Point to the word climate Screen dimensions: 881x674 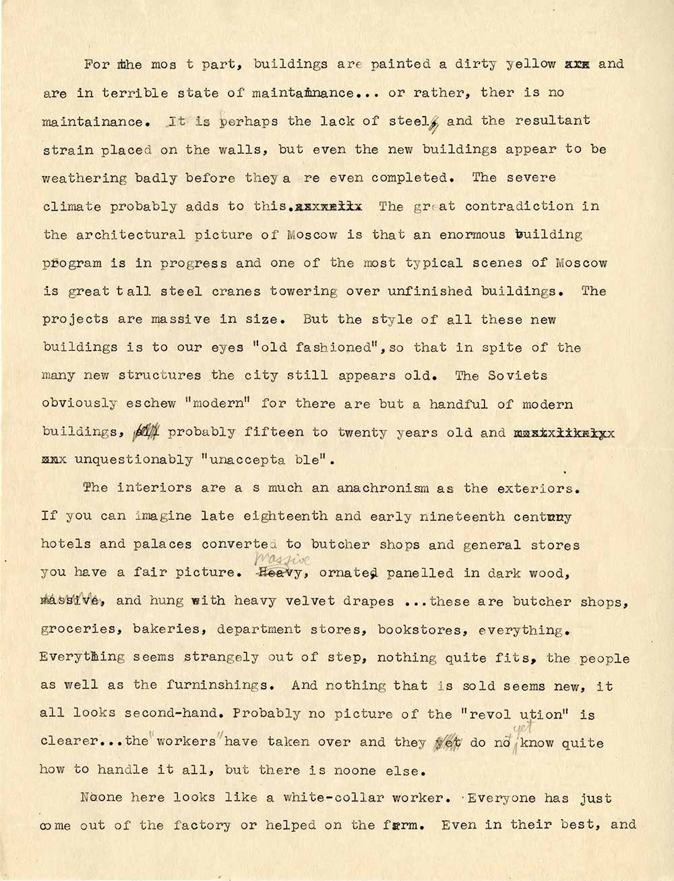pos(71,207)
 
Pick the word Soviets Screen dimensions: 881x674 pos(520,376)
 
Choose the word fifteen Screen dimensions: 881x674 pos(274,432)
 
